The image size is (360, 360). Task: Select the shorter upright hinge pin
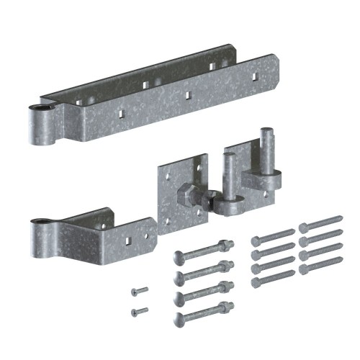tap(228, 180)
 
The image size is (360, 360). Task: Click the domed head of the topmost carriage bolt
tap(179, 255)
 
